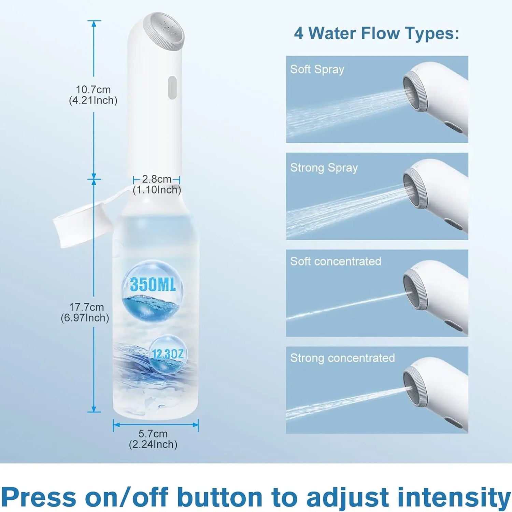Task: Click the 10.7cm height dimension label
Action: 93,95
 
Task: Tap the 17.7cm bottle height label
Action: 85,312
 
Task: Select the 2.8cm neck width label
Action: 157,184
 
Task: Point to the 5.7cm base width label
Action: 153,439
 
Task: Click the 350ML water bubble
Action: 152,290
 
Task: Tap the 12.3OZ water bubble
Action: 168,354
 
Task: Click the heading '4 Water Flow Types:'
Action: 377,33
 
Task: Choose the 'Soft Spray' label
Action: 317,69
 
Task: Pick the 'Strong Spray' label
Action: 324,168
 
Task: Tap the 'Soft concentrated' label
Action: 336,261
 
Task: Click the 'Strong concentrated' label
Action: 342,358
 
